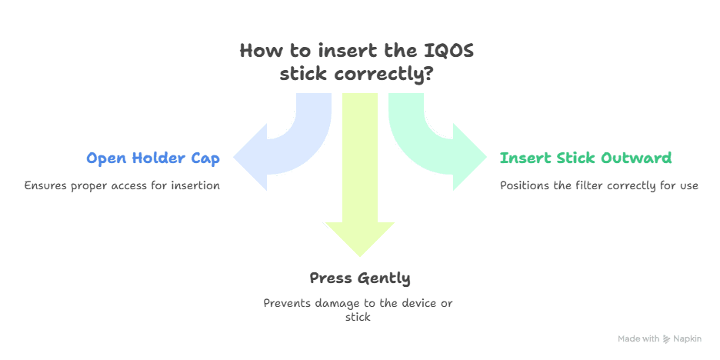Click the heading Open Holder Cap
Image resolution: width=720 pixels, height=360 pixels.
click(153, 158)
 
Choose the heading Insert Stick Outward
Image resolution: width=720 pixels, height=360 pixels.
click(586, 158)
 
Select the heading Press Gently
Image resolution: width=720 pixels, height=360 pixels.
click(359, 278)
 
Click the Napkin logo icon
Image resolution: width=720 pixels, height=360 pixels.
click(666, 338)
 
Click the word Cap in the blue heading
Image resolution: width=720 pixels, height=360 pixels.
click(206, 158)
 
